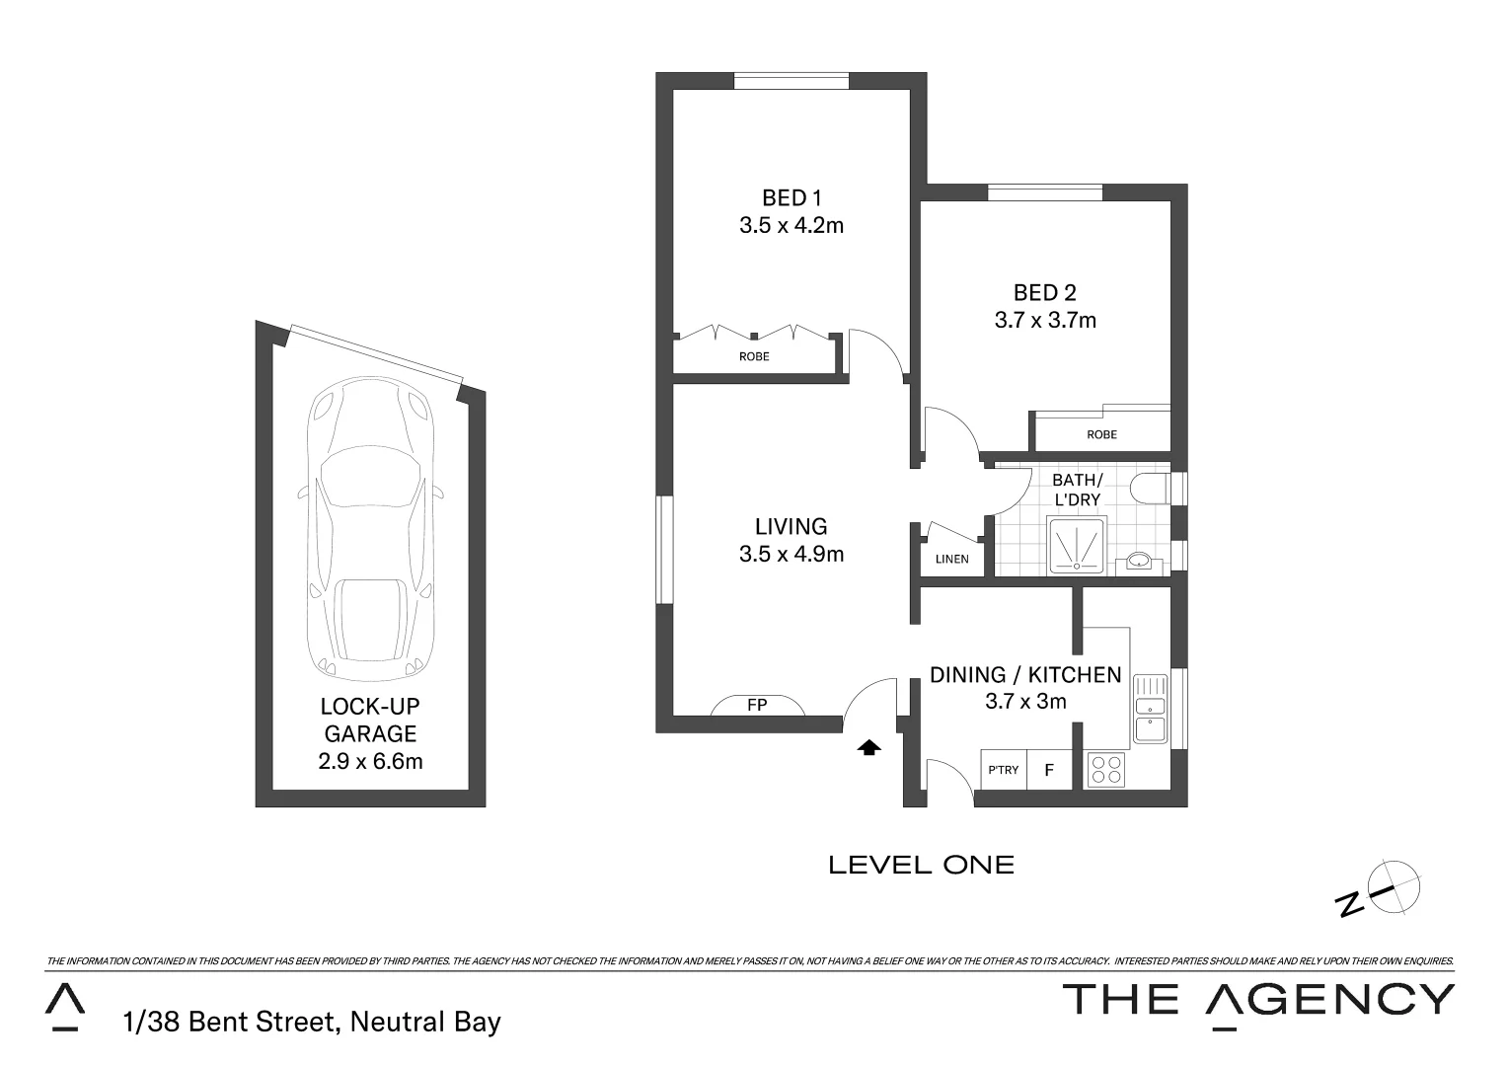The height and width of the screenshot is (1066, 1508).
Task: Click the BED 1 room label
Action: pyautogui.click(x=791, y=197)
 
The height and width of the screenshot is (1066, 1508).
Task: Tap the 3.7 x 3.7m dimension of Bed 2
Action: pyautogui.click(x=1045, y=320)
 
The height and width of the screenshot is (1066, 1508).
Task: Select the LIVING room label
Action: pyautogui.click(x=791, y=526)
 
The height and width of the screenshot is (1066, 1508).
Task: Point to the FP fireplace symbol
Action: pyautogui.click(x=757, y=705)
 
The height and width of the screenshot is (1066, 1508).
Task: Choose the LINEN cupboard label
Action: pyautogui.click(x=951, y=559)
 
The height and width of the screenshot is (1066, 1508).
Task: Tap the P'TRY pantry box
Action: pyautogui.click(x=1004, y=770)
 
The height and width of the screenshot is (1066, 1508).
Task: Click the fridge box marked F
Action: pyautogui.click(x=1050, y=770)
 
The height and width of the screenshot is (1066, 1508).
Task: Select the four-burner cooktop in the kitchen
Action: pyautogui.click(x=1106, y=769)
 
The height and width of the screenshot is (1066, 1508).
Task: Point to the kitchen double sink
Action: pyautogui.click(x=1150, y=709)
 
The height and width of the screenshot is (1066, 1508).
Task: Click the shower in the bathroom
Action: pyautogui.click(x=1076, y=544)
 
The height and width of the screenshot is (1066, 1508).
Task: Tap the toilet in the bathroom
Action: pyautogui.click(x=1152, y=489)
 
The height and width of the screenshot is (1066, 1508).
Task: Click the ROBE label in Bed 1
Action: pyautogui.click(x=754, y=356)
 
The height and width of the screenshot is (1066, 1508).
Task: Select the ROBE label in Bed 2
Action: pyautogui.click(x=1101, y=434)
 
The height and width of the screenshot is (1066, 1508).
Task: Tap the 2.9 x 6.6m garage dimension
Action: pyautogui.click(x=370, y=761)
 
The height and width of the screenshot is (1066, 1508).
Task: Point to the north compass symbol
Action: pyautogui.click(x=1387, y=887)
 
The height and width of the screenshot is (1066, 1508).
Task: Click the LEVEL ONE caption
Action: pyautogui.click(x=921, y=866)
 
